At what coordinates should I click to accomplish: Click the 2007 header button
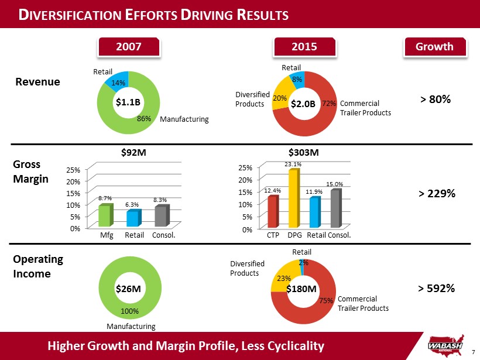pyautogui.click(x=128, y=47)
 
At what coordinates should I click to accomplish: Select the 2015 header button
pyautogui.click(x=304, y=47)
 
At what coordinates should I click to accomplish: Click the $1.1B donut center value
pyautogui.click(x=128, y=102)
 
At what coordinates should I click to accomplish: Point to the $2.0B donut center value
pyautogui.click(x=304, y=104)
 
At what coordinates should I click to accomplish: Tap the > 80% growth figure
pyautogui.click(x=436, y=100)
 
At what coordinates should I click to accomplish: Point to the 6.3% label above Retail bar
pyautogui.click(x=132, y=205)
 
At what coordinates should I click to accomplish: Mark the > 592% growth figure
pyautogui.click(x=436, y=287)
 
